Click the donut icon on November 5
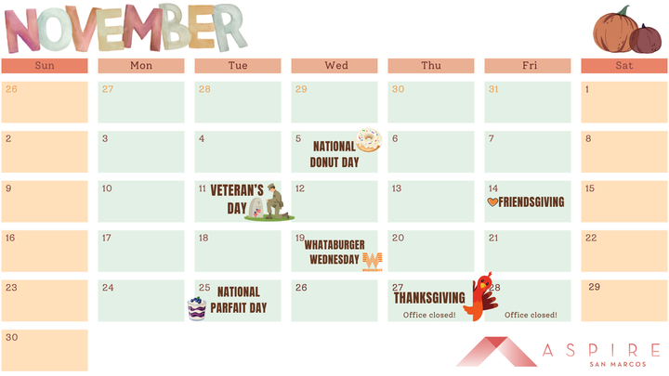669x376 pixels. tap(369, 139)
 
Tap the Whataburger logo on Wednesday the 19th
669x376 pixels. tap(372, 261)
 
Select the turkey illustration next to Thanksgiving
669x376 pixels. tap(481, 296)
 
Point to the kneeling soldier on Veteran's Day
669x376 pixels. tap(273, 201)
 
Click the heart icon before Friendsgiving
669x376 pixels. tap(492, 201)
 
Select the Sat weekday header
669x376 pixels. tap(624, 66)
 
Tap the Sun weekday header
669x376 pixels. tap(45, 66)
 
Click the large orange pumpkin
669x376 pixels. tap(614, 31)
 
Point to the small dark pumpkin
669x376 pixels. tap(645, 39)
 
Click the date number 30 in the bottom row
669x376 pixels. tap(11, 337)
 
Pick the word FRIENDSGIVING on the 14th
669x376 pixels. tap(531, 201)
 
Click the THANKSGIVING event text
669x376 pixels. tap(429, 298)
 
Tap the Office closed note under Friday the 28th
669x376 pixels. tap(531, 315)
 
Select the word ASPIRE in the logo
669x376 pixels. tap(597, 349)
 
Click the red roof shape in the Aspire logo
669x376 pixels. tap(492, 352)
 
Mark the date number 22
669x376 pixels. tap(591, 238)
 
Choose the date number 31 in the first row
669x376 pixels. tap(494, 89)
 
